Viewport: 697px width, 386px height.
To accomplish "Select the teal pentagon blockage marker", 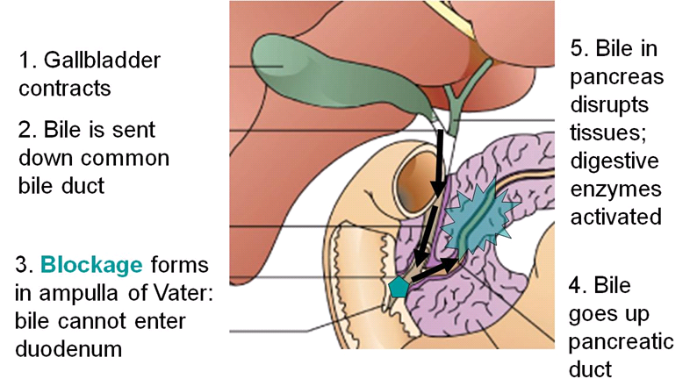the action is [399, 286].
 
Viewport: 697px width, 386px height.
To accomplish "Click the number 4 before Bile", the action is [575, 286].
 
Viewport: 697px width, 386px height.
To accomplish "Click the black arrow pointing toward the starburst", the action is [440, 267].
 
